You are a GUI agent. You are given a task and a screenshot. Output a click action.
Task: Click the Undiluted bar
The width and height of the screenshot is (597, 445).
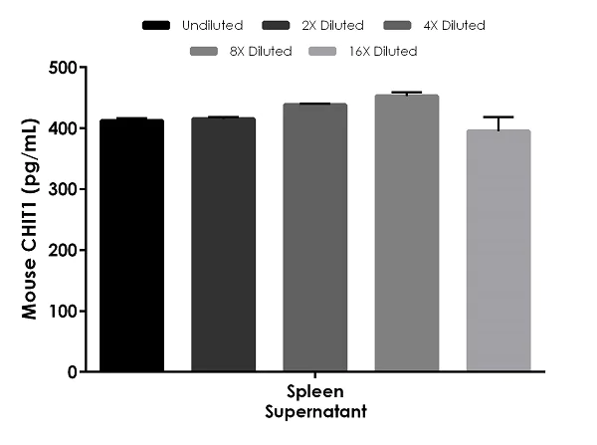point(132,245)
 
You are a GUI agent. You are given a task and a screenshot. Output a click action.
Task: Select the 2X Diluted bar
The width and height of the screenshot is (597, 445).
point(224,244)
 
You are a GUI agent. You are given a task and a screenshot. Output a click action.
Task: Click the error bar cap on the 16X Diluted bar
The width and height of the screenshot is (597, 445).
point(498,117)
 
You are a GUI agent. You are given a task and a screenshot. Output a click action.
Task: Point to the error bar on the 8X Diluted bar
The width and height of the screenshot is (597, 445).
point(407,93)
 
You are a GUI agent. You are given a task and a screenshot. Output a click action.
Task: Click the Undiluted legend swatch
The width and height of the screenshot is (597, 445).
point(160,24)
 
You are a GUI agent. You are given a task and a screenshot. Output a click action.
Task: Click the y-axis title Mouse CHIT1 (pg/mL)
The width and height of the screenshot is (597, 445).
point(34,219)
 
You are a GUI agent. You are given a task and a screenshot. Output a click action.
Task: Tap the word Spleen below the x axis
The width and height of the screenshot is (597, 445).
point(315,391)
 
